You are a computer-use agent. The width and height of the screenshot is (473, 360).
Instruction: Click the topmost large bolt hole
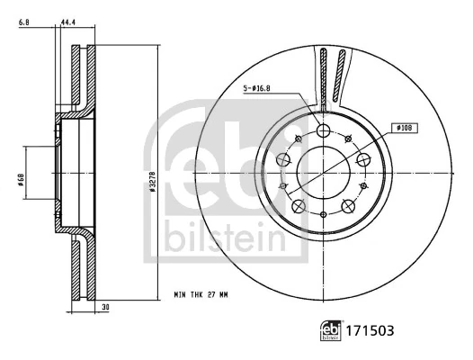click(324, 131)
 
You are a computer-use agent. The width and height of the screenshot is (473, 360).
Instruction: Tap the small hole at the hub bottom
click(324, 214)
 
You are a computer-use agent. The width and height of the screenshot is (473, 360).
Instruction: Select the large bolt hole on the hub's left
click(282, 159)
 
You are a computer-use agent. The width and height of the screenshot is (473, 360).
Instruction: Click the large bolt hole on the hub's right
click(364, 159)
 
